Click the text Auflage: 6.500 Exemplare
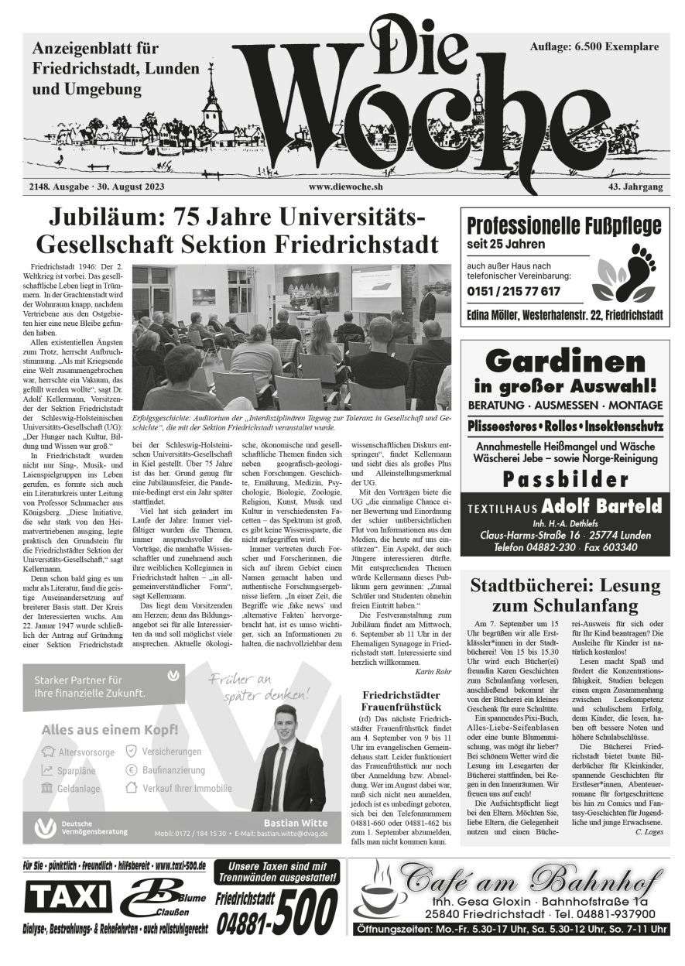pyautogui.click(x=594, y=47)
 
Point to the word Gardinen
pyautogui.click(x=562, y=361)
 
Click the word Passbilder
pyautogui.click(x=562, y=479)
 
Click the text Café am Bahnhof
pyautogui.click(x=531, y=879)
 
